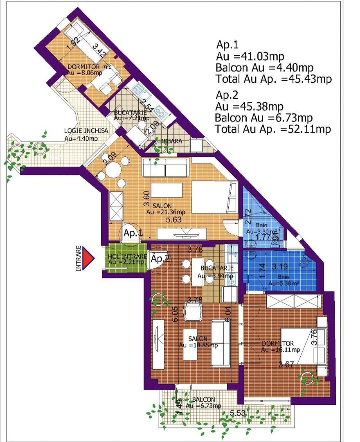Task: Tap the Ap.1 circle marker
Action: [x=133, y=234]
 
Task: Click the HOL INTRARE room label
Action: [x=125, y=257]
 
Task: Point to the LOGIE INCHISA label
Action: [x=86, y=131]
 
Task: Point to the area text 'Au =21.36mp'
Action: [x=166, y=212]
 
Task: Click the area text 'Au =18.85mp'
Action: [x=198, y=345]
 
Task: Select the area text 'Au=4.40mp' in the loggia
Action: [x=81, y=138]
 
